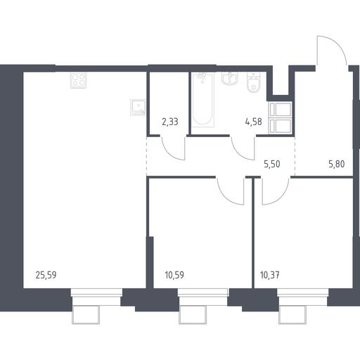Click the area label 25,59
pos(46,275)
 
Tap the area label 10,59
pos(174,275)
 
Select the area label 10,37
pos(270,275)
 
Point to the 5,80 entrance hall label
pos(337,164)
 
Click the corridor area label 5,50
pos(272,164)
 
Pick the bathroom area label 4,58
pos(254,122)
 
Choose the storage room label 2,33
pos(170,122)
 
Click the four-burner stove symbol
pos(79,80)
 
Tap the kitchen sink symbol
pos(138,108)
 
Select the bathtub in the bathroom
pos(202,100)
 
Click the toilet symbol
pos(254,82)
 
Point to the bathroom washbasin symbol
pos(230,78)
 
